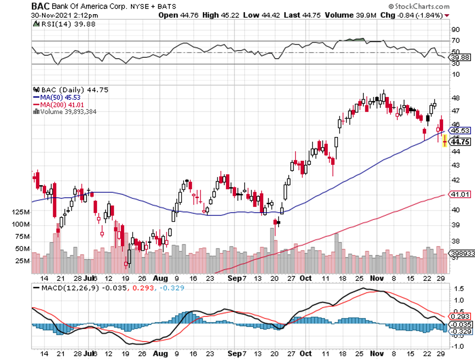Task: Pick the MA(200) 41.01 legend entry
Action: [x=59, y=104]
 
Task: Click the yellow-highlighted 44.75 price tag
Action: [x=460, y=142]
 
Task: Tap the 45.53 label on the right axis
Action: [x=460, y=130]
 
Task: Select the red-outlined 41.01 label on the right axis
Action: [x=460, y=194]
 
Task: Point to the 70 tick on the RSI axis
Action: [x=456, y=41]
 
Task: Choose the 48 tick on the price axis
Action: [x=455, y=98]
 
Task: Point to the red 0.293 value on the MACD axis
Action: [x=460, y=315]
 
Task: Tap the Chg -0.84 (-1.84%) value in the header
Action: [x=416, y=15]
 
